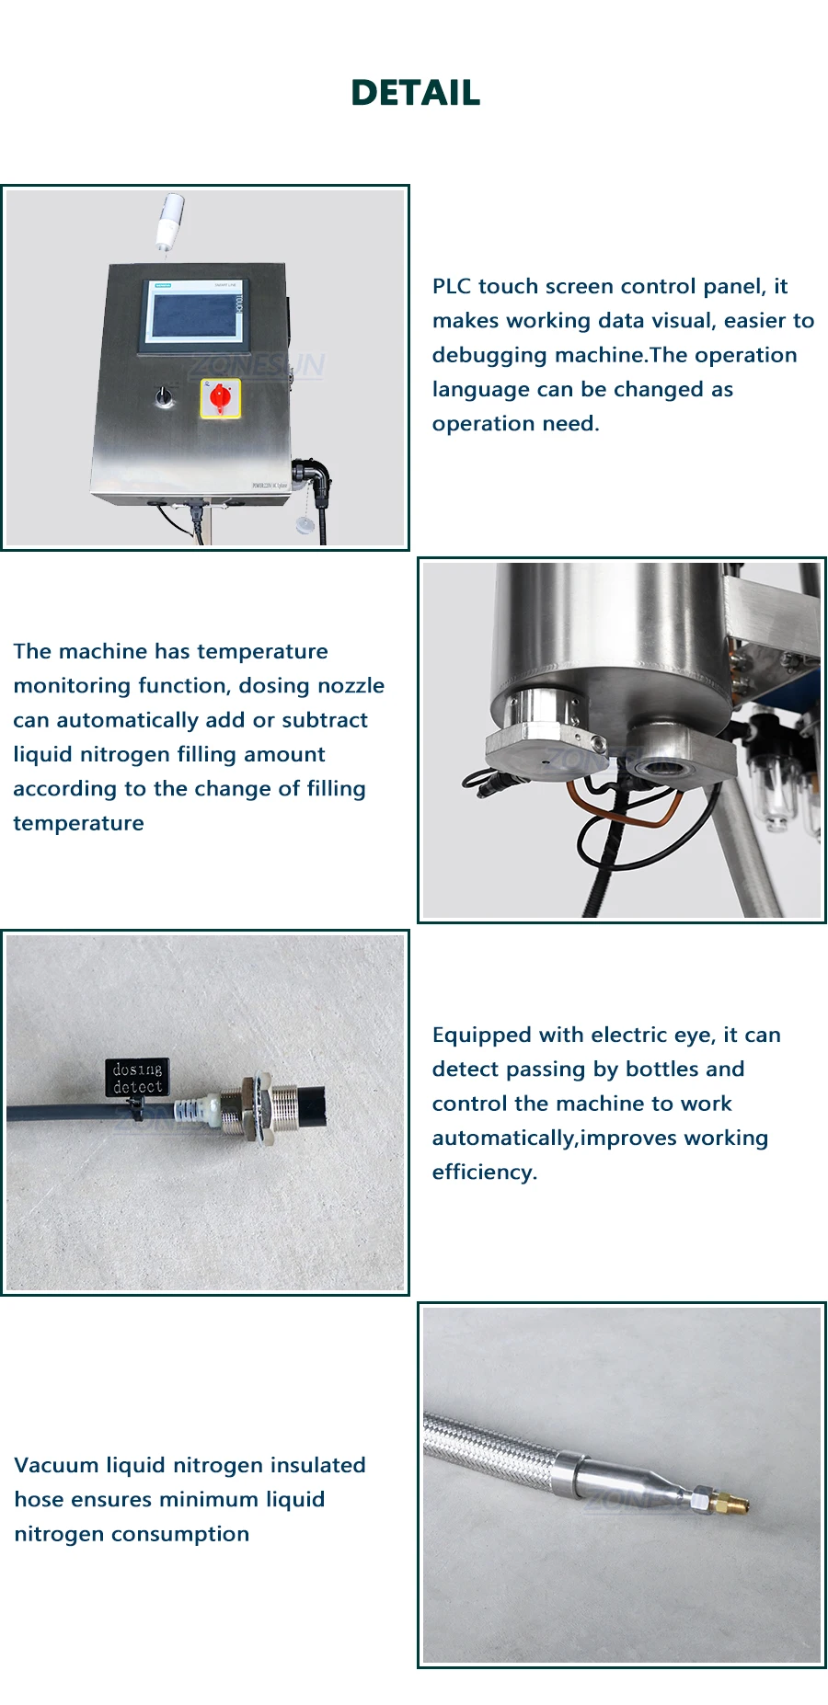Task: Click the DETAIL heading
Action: coord(415,93)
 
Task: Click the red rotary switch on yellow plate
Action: coord(221,397)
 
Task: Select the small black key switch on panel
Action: coord(165,395)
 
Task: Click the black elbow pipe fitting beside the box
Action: coord(316,476)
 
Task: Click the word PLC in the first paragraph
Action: coord(452,286)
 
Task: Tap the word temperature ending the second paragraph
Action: coord(78,823)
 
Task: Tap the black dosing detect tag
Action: coord(137,1077)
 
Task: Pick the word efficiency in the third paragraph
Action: coord(484,1172)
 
